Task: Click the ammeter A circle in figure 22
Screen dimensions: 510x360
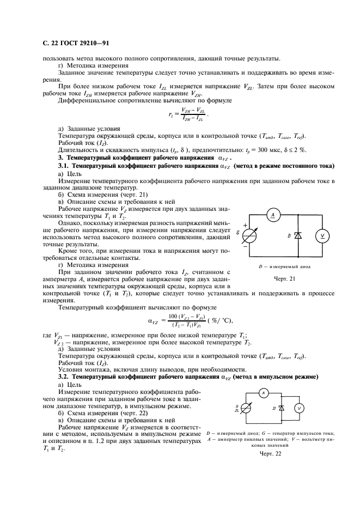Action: click(262, 392)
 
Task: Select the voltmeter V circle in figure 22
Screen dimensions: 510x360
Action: click(298, 408)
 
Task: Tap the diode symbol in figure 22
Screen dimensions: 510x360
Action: click(281, 408)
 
